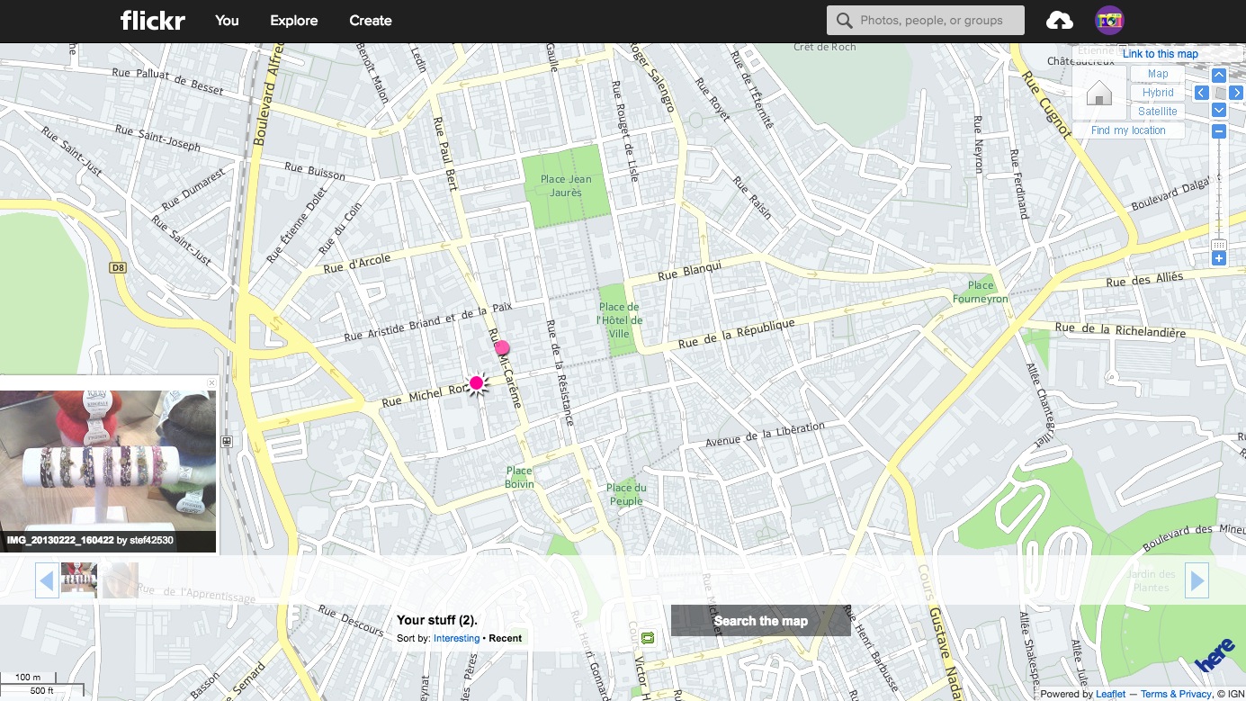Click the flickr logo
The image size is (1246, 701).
pos(152,20)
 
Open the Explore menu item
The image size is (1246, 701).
pos(293,20)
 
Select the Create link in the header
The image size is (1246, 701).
pos(370,20)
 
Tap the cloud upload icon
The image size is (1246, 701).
pos(1059,20)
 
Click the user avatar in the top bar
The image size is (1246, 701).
pos(1109,20)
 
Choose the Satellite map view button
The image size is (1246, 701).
pos(1157,112)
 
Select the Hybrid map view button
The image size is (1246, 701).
pos(1157,93)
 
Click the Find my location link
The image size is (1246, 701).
pos(1128,130)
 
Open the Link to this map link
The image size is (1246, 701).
pos(1160,54)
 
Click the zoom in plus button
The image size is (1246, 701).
pos(1219,259)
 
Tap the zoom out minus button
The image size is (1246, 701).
pos(1219,131)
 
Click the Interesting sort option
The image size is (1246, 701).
pos(456,638)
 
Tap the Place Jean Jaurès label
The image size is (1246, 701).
pos(566,185)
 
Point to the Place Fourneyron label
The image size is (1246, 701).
pos(981,292)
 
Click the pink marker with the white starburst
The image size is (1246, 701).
pos(477,383)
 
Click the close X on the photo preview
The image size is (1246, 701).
pos(211,383)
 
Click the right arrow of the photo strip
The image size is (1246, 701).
pos(1197,580)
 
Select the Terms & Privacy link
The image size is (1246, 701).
pos(1176,694)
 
